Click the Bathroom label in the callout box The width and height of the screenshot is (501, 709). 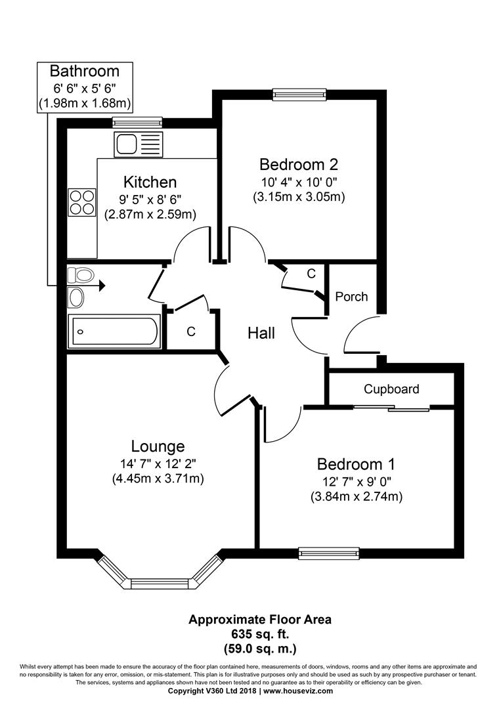[x=85, y=71]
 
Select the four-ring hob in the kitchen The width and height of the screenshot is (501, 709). [x=82, y=202]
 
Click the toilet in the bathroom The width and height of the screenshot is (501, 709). [x=81, y=274]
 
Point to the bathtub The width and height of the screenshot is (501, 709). [x=114, y=332]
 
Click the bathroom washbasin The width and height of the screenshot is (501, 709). [x=76, y=297]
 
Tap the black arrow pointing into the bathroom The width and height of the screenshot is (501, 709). [x=102, y=286]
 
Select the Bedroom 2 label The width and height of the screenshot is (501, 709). [x=299, y=163]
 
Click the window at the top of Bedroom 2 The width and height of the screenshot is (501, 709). [x=299, y=94]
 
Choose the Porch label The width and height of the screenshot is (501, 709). [x=351, y=297]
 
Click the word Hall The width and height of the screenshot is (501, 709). [x=261, y=333]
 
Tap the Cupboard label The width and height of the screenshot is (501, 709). [x=391, y=389]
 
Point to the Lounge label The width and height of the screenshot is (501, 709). [x=158, y=446]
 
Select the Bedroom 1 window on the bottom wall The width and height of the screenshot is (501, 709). [x=329, y=553]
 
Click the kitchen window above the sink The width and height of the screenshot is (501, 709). [x=137, y=121]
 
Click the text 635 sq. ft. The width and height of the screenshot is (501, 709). [x=260, y=634]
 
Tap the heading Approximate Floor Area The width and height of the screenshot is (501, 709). [x=260, y=619]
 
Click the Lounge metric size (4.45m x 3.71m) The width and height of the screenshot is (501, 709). [x=158, y=478]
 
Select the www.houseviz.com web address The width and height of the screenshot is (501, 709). [x=298, y=691]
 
